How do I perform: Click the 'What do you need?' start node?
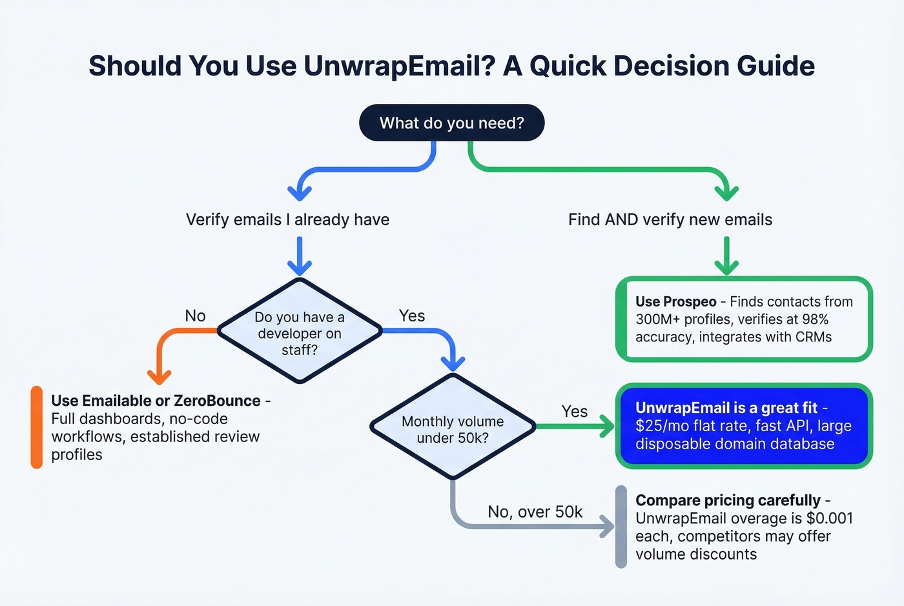pyautogui.click(x=451, y=123)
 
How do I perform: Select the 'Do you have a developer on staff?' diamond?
pyautogui.click(x=300, y=332)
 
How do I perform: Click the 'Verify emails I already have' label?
pyautogui.click(x=287, y=219)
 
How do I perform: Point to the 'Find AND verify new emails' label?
pyautogui.click(x=670, y=219)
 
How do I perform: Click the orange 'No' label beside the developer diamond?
pyautogui.click(x=195, y=316)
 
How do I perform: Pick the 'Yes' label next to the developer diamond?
pyautogui.click(x=411, y=316)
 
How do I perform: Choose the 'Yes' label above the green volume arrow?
pyautogui.click(x=574, y=411)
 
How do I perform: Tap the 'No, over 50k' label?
pyautogui.click(x=535, y=512)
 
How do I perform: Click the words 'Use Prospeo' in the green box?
pyautogui.click(x=675, y=301)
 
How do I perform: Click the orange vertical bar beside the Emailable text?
pyautogui.click(x=37, y=427)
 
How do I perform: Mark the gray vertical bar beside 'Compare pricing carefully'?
pyautogui.click(x=621, y=527)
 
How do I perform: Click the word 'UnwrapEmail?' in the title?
pyautogui.click(x=399, y=66)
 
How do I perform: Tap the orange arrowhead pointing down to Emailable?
pyautogui.click(x=159, y=376)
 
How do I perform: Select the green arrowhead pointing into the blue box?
pyautogui.click(x=606, y=426)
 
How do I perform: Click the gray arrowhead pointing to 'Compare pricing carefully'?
pyautogui.click(x=607, y=526)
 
